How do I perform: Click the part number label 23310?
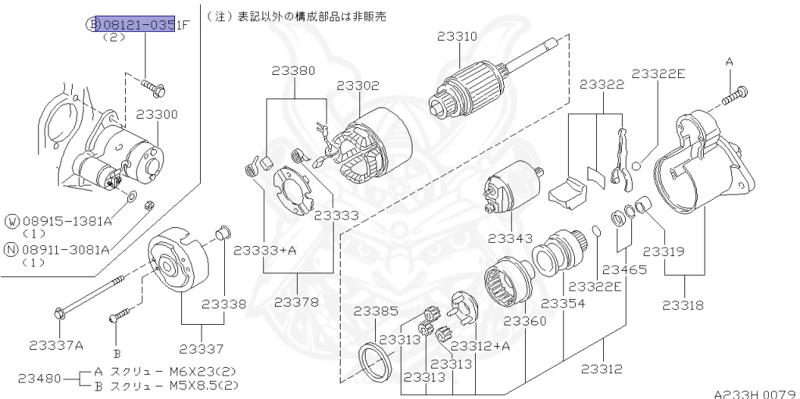click(x=457, y=37)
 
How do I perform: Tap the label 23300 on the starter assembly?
click(x=156, y=114)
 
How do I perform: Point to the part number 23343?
click(x=510, y=237)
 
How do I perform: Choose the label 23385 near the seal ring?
click(x=376, y=310)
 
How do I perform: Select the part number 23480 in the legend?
click(x=38, y=379)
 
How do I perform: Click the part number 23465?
click(x=624, y=269)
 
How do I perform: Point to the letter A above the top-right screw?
click(x=730, y=61)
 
